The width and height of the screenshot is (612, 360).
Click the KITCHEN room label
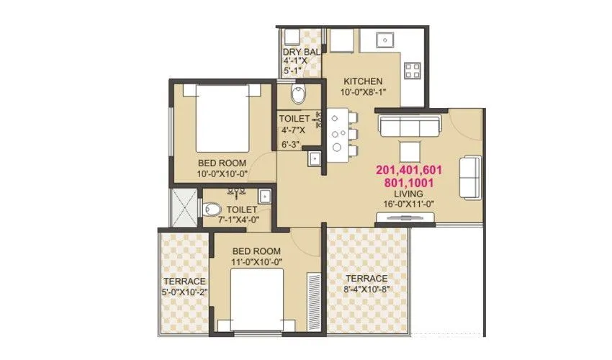362,81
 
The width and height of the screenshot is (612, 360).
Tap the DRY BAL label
301,52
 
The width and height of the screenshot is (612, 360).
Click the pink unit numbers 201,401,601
408,170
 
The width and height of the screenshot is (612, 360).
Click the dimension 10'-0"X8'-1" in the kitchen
362,91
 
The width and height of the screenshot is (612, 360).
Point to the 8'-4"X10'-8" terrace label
366,279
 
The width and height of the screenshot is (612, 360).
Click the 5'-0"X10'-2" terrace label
184,281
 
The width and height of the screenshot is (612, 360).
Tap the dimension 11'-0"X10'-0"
257,261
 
